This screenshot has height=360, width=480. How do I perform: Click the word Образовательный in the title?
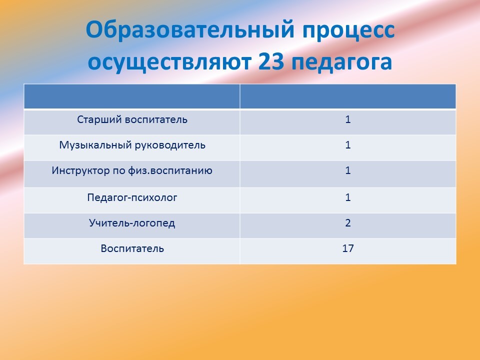point(190,30)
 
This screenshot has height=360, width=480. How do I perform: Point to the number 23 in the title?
point(271,61)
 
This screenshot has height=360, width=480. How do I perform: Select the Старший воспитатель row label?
point(132,119)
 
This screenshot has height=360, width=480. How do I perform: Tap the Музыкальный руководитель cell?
point(132,145)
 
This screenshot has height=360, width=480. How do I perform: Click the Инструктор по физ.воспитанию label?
point(132,170)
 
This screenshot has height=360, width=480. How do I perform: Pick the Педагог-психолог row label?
point(132,197)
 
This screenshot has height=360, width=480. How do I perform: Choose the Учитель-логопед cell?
point(132,223)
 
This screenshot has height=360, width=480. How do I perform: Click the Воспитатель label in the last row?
point(132,248)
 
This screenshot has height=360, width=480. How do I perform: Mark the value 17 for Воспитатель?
point(348,248)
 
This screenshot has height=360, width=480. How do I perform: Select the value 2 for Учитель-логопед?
point(348,223)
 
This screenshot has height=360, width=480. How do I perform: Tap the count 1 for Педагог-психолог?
point(348,197)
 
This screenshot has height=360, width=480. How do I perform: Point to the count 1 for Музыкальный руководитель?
point(348,145)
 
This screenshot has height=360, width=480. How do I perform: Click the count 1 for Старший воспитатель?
point(348,119)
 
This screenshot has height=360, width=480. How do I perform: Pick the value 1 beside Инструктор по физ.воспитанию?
point(348,170)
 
